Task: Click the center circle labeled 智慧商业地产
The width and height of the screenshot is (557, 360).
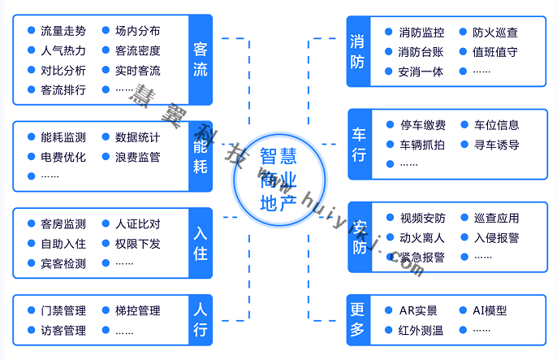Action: coord(278,180)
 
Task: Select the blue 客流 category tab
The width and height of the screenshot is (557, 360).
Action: coord(200,59)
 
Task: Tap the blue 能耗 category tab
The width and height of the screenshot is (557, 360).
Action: coord(200,156)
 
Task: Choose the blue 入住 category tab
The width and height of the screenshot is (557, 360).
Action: coord(200,243)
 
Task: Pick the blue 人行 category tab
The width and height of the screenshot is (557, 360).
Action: coord(200,320)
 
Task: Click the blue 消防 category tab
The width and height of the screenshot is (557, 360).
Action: coord(358,50)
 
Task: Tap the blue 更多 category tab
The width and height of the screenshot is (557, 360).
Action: coord(358,320)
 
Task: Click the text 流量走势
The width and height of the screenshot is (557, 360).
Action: coord(63,32)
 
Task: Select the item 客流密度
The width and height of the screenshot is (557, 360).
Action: coord(137,51)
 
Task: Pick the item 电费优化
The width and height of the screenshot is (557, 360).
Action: coord(63,157)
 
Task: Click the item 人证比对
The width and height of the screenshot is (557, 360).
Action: coord(137,224)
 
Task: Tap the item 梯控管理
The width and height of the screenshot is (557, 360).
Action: coord(137,310)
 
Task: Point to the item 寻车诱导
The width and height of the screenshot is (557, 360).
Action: coord(496,145)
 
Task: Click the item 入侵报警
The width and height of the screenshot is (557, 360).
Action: coord(496,238)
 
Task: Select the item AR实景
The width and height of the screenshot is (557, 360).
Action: coord(418,310)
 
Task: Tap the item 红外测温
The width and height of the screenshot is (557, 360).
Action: coord(421,330)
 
